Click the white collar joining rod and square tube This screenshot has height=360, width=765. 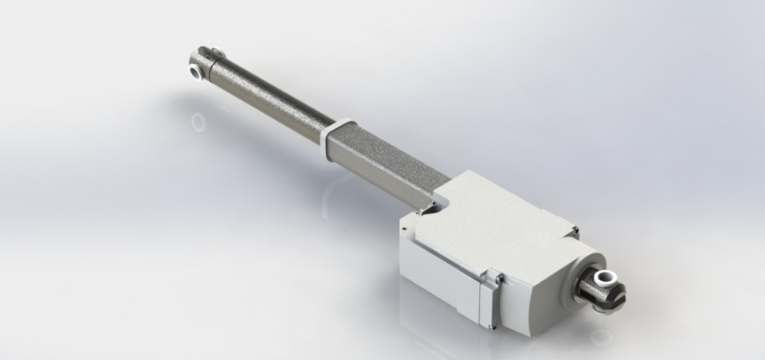(337, 131)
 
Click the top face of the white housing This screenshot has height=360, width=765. (494, 223)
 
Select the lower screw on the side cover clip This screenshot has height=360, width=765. (495, 324)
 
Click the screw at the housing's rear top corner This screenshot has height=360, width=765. (575, 230)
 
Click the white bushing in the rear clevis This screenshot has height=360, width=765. (605, 278)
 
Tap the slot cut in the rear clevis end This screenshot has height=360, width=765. (618, 299)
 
